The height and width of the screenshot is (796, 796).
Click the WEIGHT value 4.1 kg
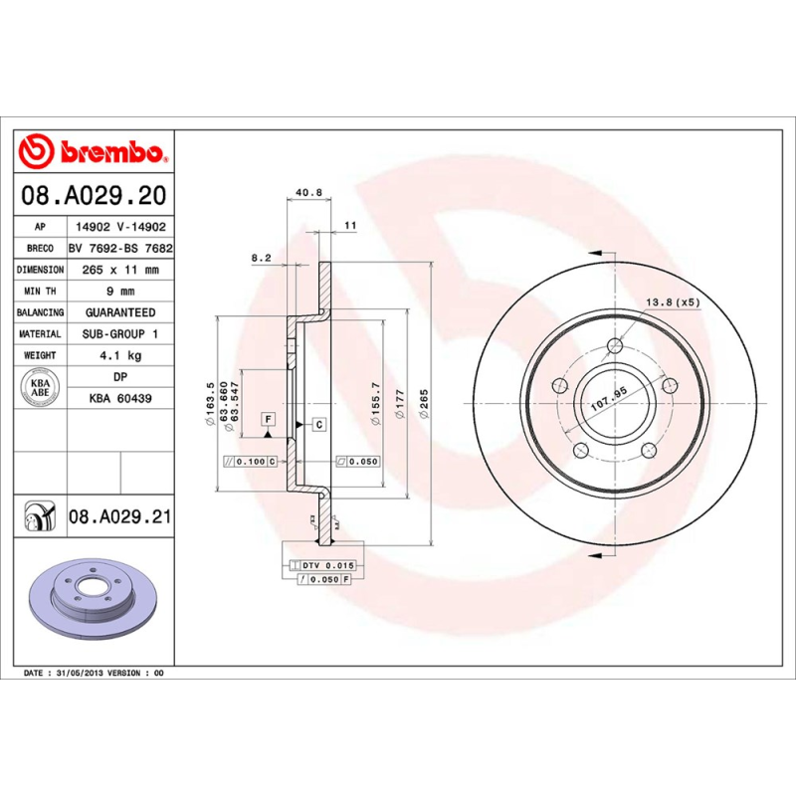120,355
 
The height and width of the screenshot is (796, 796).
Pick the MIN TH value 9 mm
120,292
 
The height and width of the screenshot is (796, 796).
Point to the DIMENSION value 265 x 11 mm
120,270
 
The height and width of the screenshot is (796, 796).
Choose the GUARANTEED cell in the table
120,312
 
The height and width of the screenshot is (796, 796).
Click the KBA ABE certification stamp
41,387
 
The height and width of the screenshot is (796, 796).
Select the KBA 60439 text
120,398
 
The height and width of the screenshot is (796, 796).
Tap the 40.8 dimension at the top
308,193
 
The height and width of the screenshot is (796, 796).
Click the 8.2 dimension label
261,258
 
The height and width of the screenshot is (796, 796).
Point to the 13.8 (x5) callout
673,301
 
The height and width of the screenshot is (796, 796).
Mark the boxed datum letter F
269,419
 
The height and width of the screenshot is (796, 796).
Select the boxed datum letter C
319,425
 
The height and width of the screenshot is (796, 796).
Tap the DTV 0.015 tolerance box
327,565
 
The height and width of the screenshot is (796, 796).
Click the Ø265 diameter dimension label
424,408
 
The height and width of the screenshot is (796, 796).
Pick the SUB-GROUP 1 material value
120,334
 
